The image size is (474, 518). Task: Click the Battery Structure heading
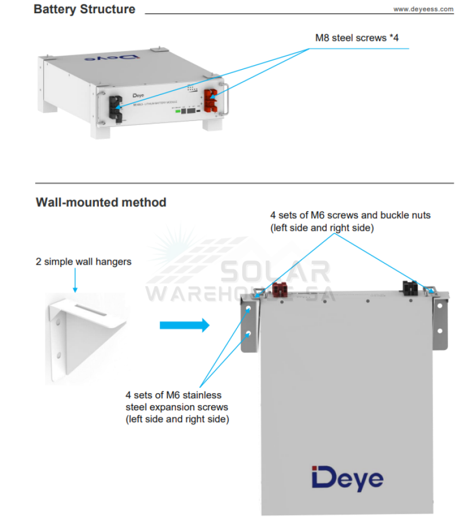click(85, 10)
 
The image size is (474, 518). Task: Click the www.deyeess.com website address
click(423, 9)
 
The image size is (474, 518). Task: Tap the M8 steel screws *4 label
click(357, 38)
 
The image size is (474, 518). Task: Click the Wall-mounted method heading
click(101, 203)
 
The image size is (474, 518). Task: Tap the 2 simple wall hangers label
click(83, 262)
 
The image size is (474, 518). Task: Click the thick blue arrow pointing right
click(184, 325)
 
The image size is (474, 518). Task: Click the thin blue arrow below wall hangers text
click(74, 282)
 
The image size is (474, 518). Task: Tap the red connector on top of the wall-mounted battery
click(280, 288)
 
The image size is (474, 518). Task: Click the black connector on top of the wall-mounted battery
click(410, 287)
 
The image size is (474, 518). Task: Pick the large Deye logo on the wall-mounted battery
click(347, 478)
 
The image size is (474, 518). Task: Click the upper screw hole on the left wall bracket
click(249, 309)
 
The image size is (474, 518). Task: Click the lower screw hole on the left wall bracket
click(249, 334)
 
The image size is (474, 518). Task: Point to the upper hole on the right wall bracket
click(439, 306)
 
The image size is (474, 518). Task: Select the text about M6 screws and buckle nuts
click(350, 222)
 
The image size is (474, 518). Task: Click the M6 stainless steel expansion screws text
click(177, 407)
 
